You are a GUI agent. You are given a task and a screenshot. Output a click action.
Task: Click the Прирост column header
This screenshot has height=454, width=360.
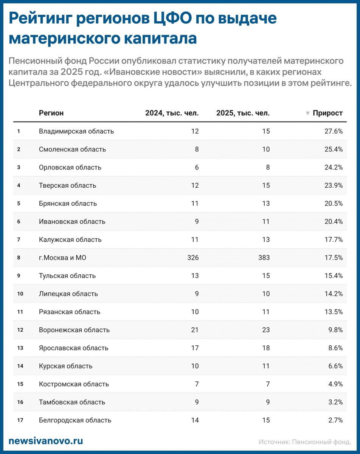(x=327, y=113)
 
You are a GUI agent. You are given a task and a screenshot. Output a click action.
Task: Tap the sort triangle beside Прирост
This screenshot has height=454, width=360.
(x=308, y=113)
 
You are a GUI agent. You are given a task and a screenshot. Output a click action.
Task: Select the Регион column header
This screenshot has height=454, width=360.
(x=51, y=113)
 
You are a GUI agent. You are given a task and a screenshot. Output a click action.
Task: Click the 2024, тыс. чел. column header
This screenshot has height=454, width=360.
(x=172, y=113)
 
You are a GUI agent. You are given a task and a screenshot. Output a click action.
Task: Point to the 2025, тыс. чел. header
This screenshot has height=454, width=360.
(x=243, y=113)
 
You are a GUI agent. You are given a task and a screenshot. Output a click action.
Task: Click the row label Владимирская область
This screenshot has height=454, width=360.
(x=76, y=131)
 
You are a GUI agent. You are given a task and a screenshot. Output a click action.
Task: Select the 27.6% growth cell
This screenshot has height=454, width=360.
(x=333, y=131)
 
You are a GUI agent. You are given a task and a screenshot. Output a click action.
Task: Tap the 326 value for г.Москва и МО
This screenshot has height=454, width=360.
(x=193, y=258)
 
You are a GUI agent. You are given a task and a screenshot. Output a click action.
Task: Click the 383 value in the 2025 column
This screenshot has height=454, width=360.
(x=264, y=258)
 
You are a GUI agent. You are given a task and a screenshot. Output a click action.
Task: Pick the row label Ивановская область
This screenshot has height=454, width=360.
(x=72, y=222)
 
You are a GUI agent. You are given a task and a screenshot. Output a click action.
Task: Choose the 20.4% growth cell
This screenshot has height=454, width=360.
(x=333, y=222)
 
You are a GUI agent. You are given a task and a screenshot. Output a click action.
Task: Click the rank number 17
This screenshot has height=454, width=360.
(x=20, y=420)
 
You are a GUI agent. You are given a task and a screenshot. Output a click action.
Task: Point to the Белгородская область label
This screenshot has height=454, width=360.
(x=75, y=420)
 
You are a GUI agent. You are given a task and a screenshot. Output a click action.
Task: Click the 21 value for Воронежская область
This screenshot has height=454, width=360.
(x=195, y=330)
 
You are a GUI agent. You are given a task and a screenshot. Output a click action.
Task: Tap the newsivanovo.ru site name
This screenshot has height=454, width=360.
(x=45, y=441)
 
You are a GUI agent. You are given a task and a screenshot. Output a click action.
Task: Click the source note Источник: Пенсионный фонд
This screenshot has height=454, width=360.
(x=305, y=442)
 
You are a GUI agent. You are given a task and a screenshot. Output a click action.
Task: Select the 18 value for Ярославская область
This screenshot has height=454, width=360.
(x=266, y=348)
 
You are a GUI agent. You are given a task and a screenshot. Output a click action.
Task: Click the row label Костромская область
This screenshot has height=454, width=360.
(x=74, y=384)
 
